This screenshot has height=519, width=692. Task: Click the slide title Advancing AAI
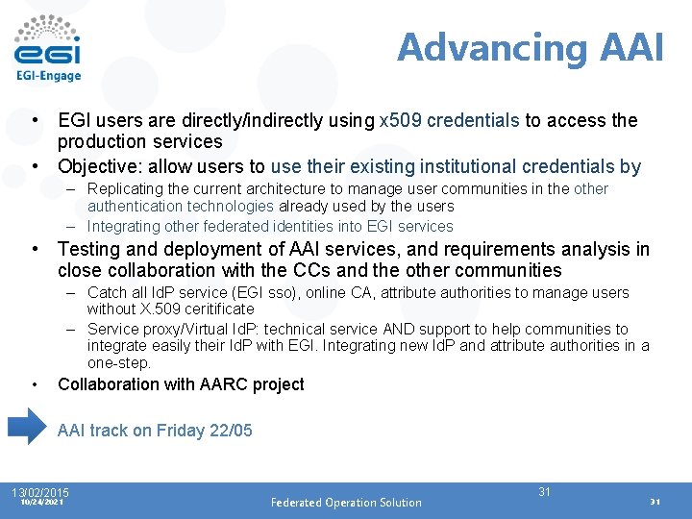pos(530,47)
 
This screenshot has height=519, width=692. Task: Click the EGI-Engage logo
pos(48,48)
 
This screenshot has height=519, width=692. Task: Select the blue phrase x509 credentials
pos(450,120)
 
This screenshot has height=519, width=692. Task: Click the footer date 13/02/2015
pos(40,492)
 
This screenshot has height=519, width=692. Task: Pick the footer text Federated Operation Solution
pos(346,502)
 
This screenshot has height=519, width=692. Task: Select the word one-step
pos(119,363)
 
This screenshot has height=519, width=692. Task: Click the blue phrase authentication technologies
pos(181,206)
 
